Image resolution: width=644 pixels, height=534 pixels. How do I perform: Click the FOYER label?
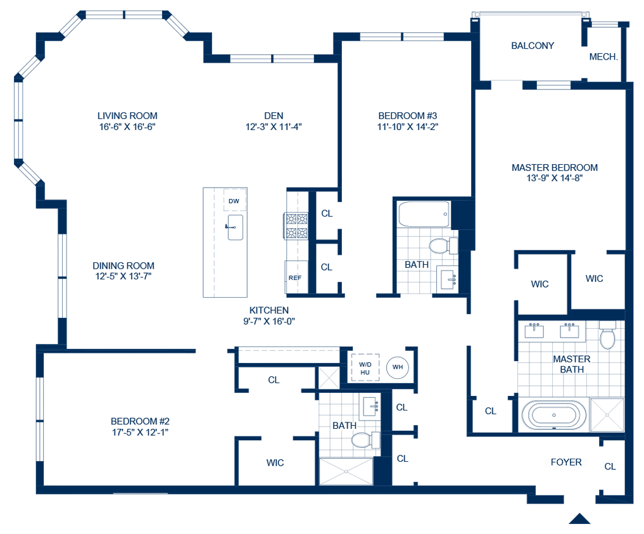point(566,463)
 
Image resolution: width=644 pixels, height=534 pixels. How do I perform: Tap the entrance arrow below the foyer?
point(579,519)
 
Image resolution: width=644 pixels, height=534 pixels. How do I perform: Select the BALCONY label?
point(533,46)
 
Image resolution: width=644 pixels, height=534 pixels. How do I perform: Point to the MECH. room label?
point(603,57)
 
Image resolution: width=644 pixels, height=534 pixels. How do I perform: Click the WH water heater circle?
point(398,367)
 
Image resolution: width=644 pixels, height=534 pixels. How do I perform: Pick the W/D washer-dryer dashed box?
point(365,368)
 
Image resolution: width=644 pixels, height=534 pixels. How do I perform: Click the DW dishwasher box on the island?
point(234,201)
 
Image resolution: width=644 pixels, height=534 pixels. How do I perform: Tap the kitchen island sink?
point(235,226)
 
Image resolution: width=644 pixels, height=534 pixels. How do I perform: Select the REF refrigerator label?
point(294,278)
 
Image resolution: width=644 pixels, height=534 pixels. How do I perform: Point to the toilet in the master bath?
point(607,339)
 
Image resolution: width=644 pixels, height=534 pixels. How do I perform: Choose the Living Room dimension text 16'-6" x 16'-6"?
point(127,126)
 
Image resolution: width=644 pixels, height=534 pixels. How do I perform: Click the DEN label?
point(274,115)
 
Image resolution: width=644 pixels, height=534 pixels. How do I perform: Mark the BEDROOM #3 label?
point(408,116)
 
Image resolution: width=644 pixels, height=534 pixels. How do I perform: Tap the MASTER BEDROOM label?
point(554,168)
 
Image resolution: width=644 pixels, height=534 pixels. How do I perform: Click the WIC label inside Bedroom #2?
point(275,463)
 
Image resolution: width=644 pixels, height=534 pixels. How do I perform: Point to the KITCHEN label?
point(269,310)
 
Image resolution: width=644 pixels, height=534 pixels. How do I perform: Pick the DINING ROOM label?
point(123,266)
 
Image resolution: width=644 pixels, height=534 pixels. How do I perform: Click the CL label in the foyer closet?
point(610,466)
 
